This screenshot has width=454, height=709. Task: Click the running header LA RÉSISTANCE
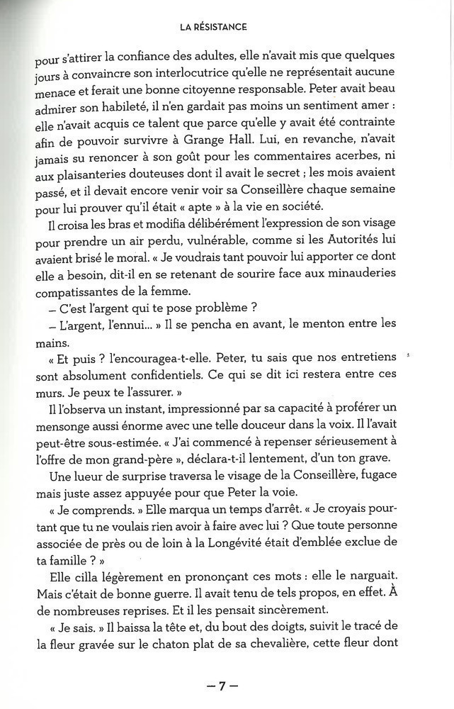[213, 27]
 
